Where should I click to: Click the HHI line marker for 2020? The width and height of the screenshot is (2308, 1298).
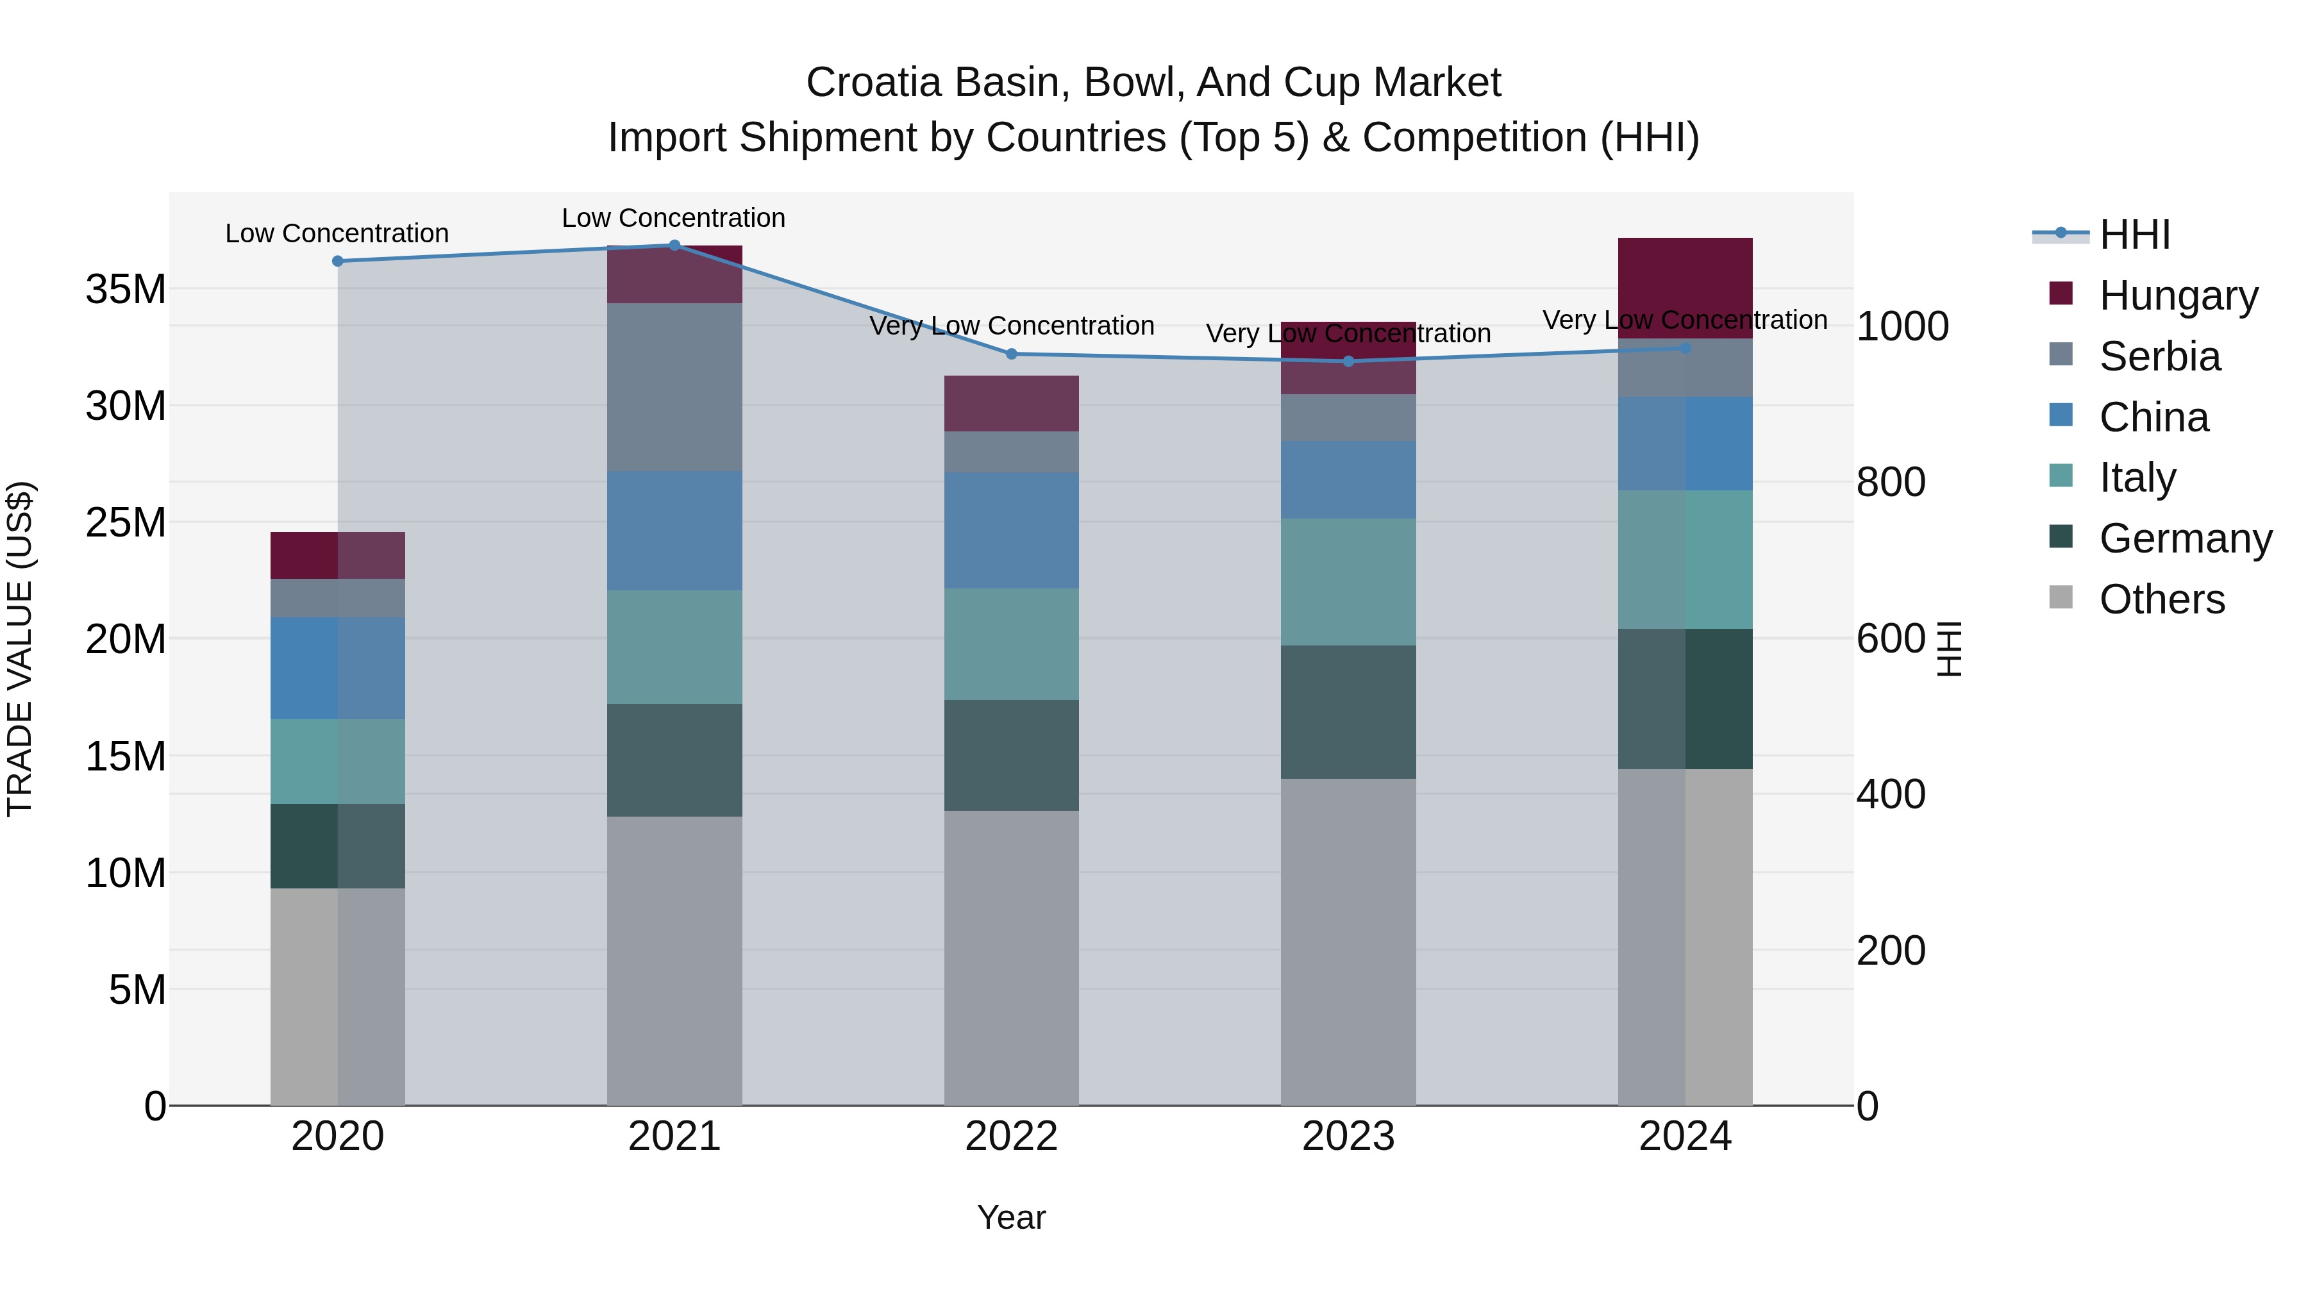pos(338,262)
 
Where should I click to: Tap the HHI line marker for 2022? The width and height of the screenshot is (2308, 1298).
pos(1012,354)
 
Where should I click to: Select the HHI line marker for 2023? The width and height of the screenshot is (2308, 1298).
pos(1348,361)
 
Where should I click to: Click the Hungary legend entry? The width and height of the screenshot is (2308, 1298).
pos(2178,295)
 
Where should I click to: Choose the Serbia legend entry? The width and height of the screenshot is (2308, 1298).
pos(2159,356)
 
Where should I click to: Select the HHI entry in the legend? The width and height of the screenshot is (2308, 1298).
pos(2134,235)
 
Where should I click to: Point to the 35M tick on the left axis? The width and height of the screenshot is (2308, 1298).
pos(126,289)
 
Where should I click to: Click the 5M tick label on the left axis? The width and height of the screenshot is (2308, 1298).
pos(137,990)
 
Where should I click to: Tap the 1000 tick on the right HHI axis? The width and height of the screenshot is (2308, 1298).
pos(1902,326)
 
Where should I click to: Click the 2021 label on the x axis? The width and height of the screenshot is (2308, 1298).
pos(674,1136)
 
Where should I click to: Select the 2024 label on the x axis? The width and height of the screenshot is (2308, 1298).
pos(1685,1136)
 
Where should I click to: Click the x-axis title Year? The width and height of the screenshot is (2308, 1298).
pos(1012,1217)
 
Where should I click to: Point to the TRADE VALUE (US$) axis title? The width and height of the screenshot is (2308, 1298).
pos(20,649)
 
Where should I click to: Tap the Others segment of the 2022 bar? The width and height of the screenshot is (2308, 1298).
pos(1012,958)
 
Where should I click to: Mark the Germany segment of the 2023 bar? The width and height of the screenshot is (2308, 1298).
pos(1348,712)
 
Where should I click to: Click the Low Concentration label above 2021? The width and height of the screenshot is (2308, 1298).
pos(674,218)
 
